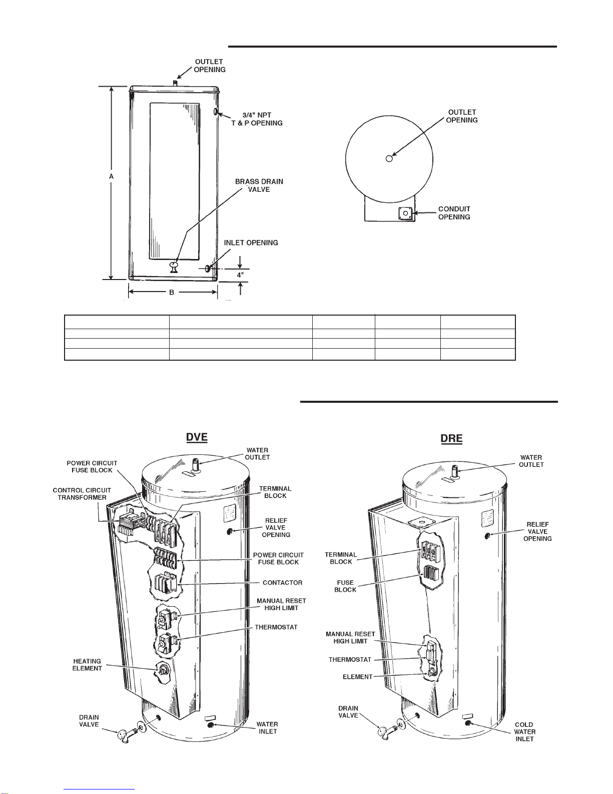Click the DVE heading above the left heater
point(197,437)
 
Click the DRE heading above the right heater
point(451,438)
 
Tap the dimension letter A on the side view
point(112,177)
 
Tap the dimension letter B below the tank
point(172,292)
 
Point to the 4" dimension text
point(241,275)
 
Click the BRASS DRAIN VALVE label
point(259,185)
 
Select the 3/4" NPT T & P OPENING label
point(257,119)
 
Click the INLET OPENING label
point(251,243)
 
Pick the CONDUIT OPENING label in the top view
point(454,213)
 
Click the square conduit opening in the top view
point(405,213)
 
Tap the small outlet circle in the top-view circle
point(389,159)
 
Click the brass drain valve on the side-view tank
point(174,266)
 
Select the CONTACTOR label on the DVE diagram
point(282,583)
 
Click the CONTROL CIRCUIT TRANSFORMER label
point(82,494)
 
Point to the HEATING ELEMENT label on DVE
point(87,665)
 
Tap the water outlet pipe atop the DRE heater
point(455,471)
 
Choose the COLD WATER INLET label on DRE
point(524,731)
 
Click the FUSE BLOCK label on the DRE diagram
point(345,586)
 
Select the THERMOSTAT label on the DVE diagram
point(276,627)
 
